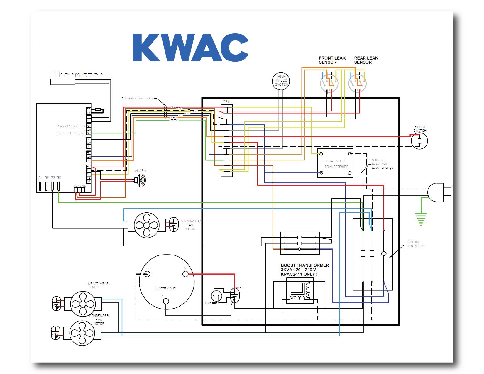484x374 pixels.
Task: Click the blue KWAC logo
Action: (191, 48)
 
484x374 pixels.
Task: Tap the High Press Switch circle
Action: (281, 80)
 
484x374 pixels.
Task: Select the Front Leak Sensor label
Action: (332, 60)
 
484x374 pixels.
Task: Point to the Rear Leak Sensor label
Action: (366, 60)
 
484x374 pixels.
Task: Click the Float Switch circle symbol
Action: (419, 141)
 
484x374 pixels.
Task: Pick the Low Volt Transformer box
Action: (335, 163)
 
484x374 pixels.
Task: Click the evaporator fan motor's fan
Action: (146, 225)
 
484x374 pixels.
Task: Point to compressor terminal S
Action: (185, 274)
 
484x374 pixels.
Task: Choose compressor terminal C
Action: (147, 274)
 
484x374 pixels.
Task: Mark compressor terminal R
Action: (166, 301)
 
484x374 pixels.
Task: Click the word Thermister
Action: (78, 75)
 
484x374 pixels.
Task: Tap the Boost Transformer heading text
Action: (304, 265)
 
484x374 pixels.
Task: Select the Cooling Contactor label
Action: (415, 244)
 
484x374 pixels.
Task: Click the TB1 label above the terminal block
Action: (226, 102)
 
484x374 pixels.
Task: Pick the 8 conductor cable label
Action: (137, 99)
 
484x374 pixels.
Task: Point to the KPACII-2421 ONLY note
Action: (99, 285)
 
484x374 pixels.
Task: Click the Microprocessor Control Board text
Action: (71, 130)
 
